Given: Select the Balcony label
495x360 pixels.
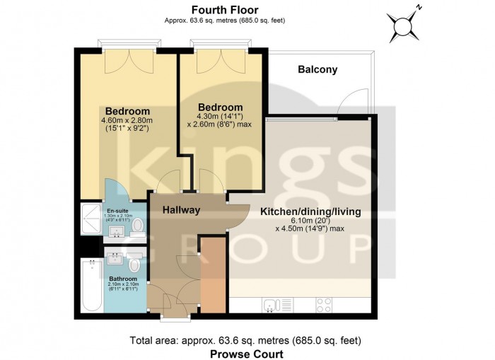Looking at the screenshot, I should point(318,69).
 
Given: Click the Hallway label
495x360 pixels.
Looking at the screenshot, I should point(182,210).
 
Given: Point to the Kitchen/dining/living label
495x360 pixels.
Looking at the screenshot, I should point(310,211).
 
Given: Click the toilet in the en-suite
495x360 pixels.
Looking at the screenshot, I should point(138,225).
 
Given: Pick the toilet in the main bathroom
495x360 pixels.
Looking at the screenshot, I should point(134,264).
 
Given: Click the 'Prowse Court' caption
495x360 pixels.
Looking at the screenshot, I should point(247,354).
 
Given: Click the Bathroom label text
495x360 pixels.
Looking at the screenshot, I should point(122,279).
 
